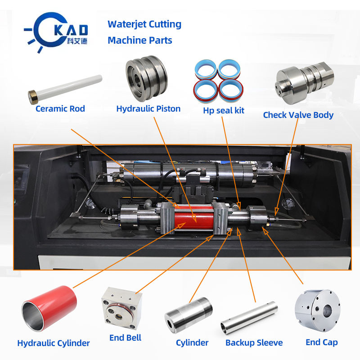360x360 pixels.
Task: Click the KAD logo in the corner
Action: pyautogui.click(x=56, y=31)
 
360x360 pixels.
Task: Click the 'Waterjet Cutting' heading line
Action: pyautogui.click(x=144, y=24)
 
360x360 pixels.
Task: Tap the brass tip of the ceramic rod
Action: pyautogui.click(x=33, y=97)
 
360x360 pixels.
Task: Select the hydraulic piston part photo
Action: pyautogui.click(x=147, y=78)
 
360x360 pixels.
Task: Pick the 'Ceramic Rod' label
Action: pyautogui.click(x=60, y=108)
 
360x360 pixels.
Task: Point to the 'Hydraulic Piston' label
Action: pyautogui.click(x=148, y=108)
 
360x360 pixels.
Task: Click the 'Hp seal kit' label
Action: pyautogui.click(x=223, y=110)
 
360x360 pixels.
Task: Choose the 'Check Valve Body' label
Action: pyautogui.click(x=298, y=115)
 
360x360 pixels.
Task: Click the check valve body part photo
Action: pyautogui.click(x=304, y=82)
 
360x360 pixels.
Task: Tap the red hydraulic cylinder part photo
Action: pyautogui.click(x=49, y=308)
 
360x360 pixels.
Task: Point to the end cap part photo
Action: pyautogui.click(x=317, y=310)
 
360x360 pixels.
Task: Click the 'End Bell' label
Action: pyautogui.click(x=125, y=338)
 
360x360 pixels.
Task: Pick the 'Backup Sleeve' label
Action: pyautogui.click(x=254, y=342)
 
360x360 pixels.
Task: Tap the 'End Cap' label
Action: pyautogui.click(x=322, y=342)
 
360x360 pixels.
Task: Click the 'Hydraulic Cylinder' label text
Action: pyautogui.click(x=54, y=343)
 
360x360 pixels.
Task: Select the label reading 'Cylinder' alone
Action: pyautogui.click(x=192, y=343)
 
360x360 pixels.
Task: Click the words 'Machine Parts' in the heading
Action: pyautogui.click(x=140, y=40)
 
